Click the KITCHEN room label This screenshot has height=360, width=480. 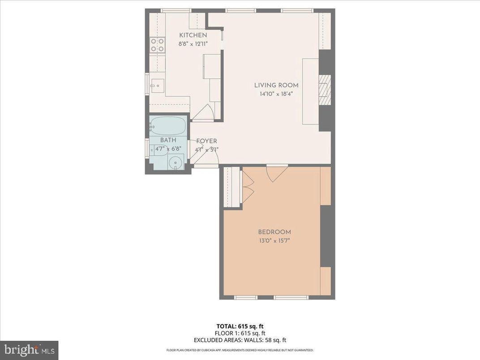point(193,35)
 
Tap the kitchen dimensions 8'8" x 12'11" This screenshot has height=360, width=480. point(193,43)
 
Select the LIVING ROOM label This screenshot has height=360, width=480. point(276,86)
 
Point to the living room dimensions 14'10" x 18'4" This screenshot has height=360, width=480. point(276,94)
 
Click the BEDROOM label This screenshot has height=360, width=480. point(274,232)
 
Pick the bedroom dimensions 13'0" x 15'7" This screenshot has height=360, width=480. point(274,240)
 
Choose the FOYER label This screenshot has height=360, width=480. point(206,141)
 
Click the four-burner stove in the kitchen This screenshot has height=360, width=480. point(157,44)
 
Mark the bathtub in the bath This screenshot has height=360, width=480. point(168,126)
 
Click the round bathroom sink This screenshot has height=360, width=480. point(176,162)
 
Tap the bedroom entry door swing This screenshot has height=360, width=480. point(277,174)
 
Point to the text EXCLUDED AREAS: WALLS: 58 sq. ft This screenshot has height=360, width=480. point(240,340)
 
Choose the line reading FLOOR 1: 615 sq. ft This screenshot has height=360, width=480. point(240,333)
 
